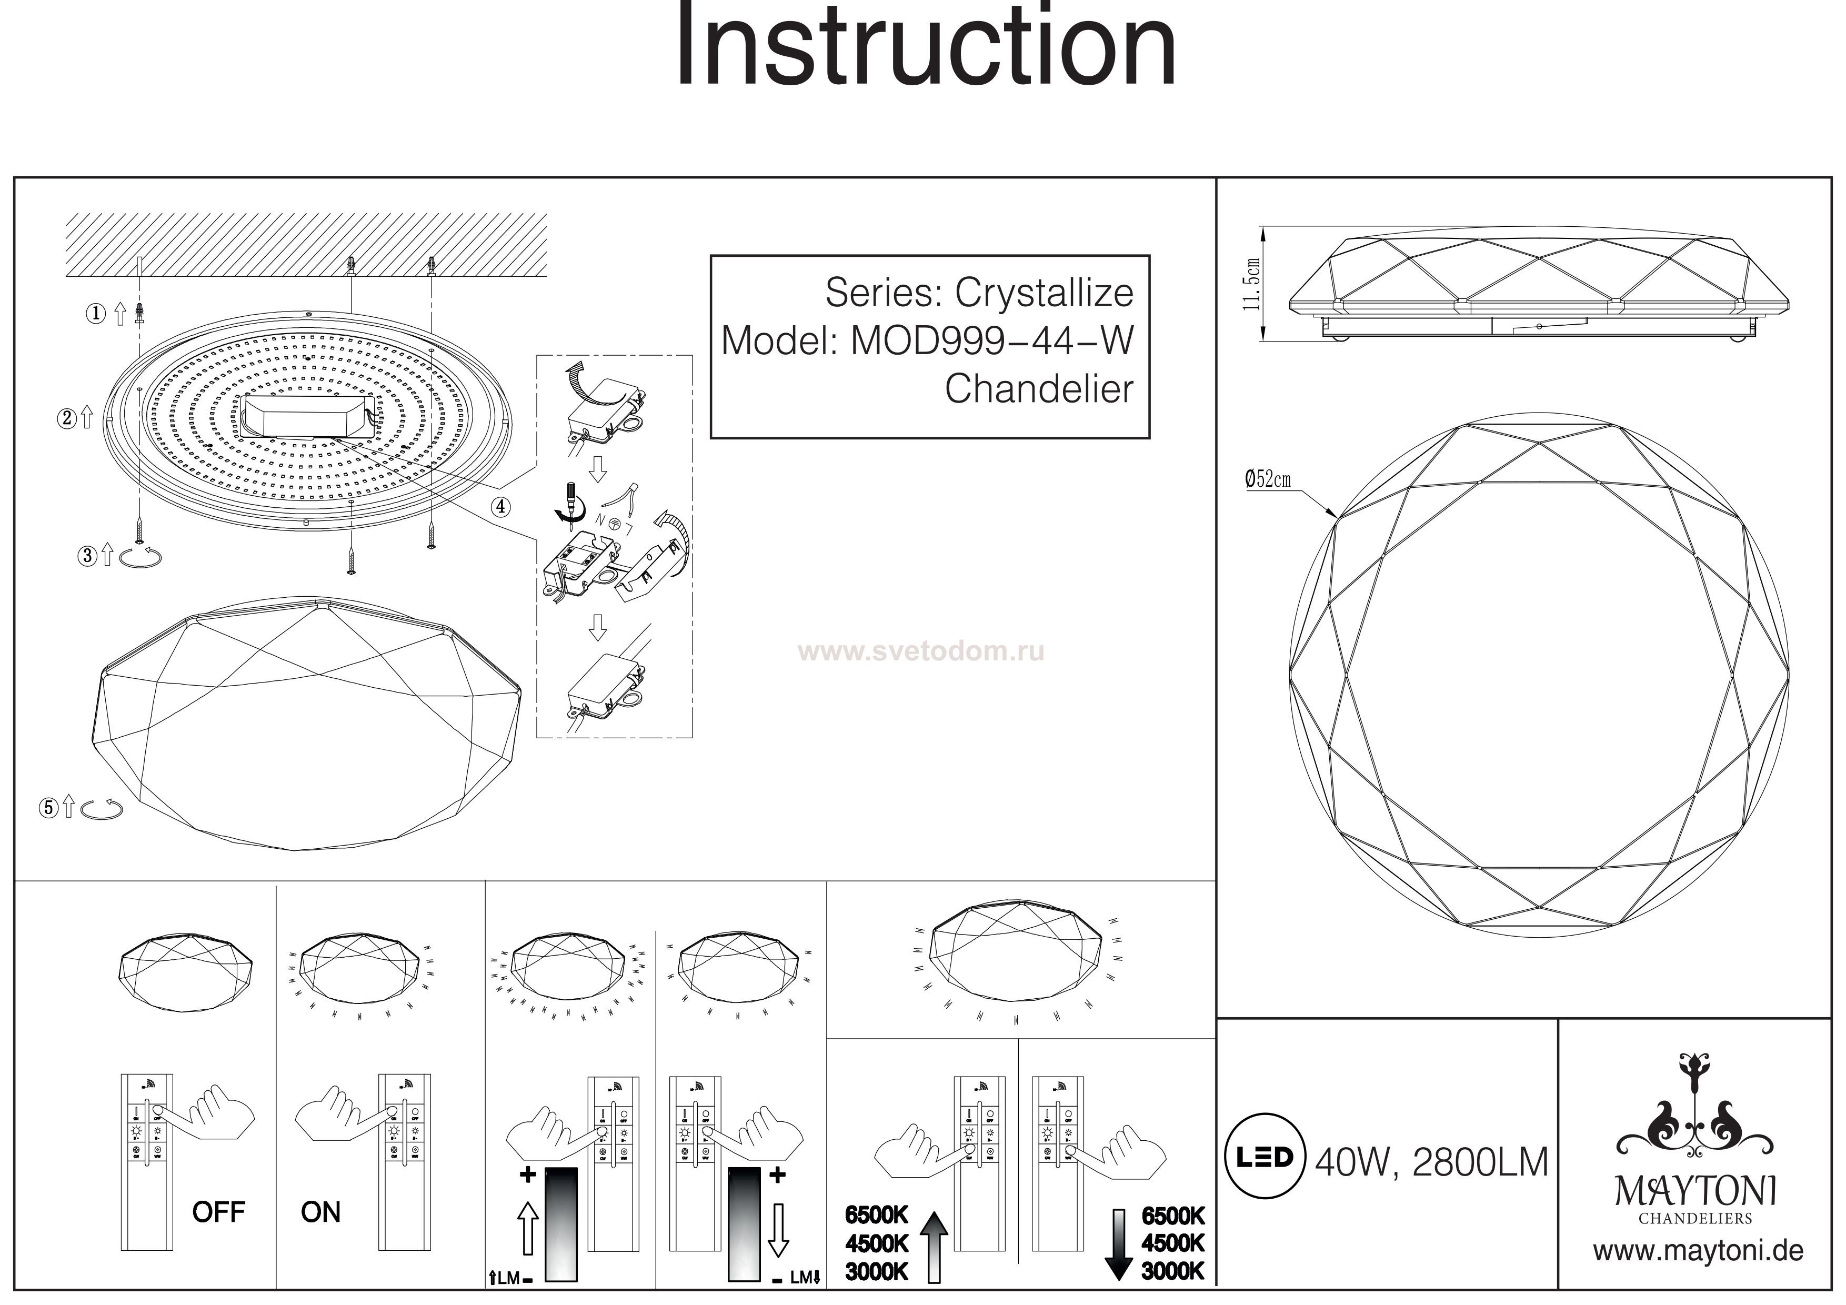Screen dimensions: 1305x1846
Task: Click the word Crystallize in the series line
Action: click(1044, 294)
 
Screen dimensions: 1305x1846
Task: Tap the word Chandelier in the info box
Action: click(1039, 389)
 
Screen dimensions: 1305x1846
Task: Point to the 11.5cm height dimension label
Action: click(1251, 284)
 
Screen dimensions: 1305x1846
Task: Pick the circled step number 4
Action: click(500, 507)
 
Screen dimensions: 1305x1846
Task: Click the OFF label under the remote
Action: click(218, 1212)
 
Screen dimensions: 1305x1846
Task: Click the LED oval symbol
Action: click(1262, 1157)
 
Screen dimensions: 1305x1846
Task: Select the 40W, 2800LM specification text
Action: click(1431, 1163)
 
